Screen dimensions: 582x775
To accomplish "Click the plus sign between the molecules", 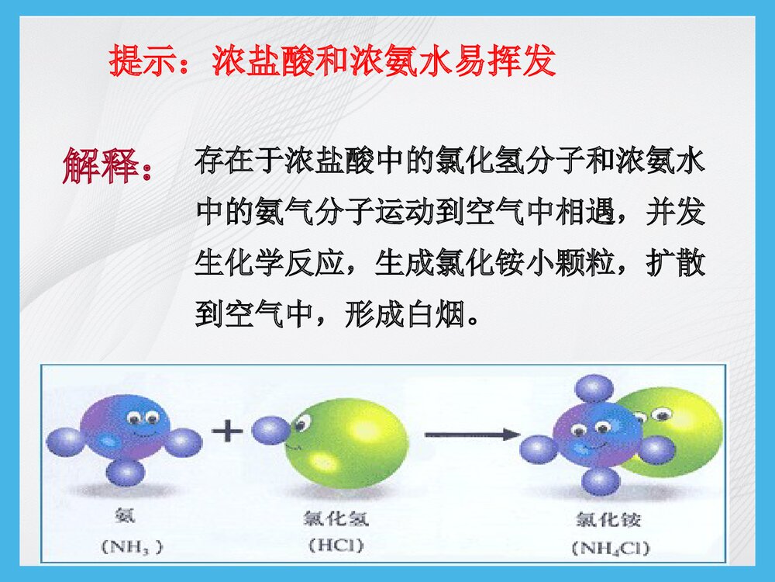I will point(227,430).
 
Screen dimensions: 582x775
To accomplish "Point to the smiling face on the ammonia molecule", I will point(143,424).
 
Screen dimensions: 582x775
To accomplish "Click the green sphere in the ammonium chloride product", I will point(682,431).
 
